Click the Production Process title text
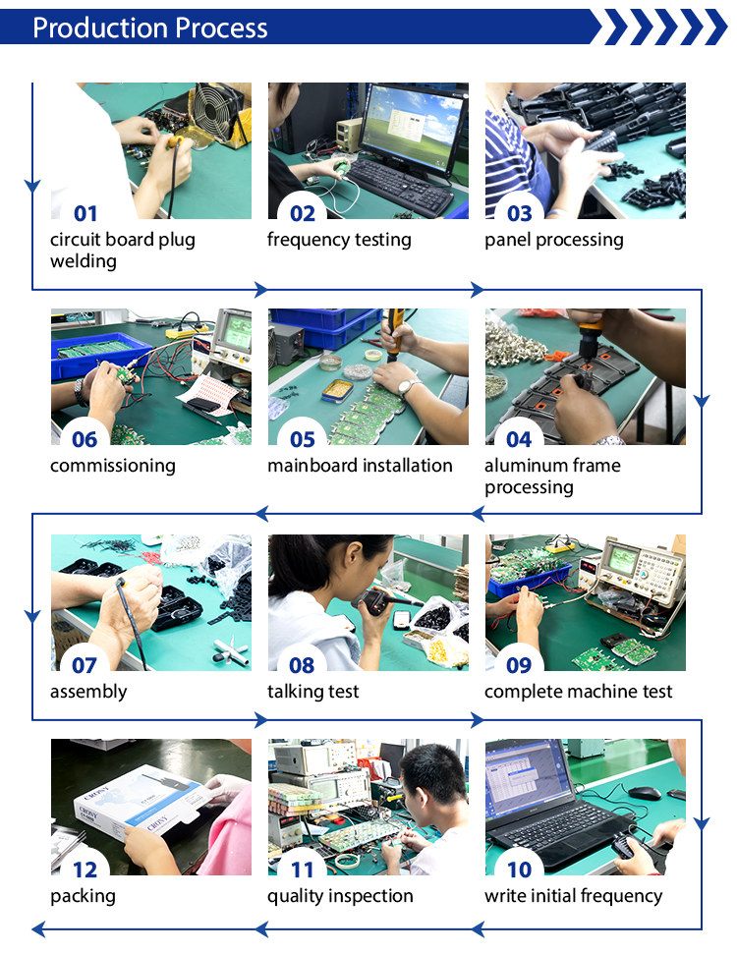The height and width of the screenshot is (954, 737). [x=149, y=28]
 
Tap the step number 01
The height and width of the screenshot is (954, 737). [x=85, y=213]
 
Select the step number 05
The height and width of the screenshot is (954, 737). [x=303, y=439]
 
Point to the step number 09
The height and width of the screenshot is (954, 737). [x=519, y=665]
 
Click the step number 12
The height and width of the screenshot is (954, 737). [x=85, y=870]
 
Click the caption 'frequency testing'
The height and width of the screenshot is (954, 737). [x=339, y=240]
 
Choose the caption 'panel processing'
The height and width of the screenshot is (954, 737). [x=554, y=240]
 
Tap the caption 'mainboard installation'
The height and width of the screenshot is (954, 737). [x=360, y=466]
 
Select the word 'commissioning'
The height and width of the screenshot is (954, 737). [x=113, y=466]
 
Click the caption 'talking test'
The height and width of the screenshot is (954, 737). [x=312, y=692]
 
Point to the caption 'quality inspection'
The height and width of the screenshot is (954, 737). [x=340, y=896]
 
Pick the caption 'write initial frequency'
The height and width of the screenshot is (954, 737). [x=573, y=896]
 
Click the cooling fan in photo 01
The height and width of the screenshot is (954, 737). [x=214, y=109]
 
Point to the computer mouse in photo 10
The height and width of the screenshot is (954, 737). [x=645, y=793]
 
